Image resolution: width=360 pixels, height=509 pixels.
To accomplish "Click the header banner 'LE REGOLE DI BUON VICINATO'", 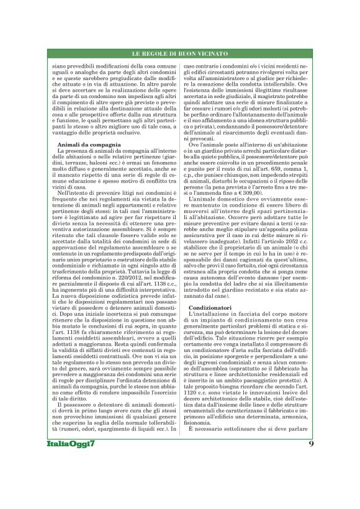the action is tap(179, 55).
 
